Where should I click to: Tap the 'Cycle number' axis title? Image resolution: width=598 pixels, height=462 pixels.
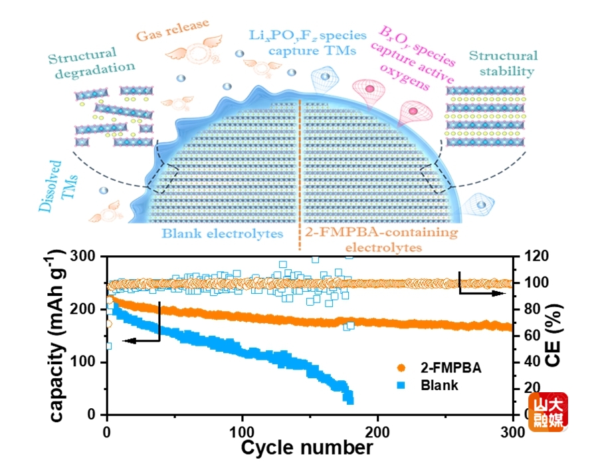[x=306, y=447]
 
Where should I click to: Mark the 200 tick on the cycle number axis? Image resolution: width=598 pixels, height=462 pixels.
[x=378, y=430]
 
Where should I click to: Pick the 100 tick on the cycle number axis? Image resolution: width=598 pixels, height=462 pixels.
[x=243, y=430]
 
